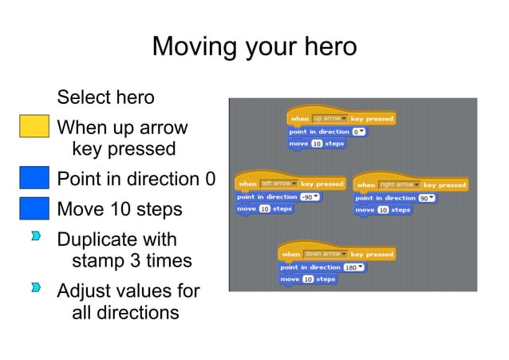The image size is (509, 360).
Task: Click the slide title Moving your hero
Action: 254,46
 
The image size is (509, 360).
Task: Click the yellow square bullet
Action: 34,128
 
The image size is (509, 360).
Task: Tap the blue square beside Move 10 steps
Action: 34,208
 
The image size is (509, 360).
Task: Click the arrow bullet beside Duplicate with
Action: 36,239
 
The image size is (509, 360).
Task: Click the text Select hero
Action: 105,97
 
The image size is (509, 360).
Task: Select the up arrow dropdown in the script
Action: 329,119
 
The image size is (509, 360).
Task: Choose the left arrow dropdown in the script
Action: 278,184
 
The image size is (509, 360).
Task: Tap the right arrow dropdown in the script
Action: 399,184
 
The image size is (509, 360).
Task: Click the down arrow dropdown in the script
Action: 325,254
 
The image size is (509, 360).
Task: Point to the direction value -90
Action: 309,196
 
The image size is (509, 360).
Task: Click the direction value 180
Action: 353,267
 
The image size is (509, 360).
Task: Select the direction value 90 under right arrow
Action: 427,197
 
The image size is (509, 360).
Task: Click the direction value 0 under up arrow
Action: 359,132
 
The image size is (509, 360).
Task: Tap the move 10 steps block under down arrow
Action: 308,279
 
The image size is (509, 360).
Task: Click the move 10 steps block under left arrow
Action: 265,209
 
